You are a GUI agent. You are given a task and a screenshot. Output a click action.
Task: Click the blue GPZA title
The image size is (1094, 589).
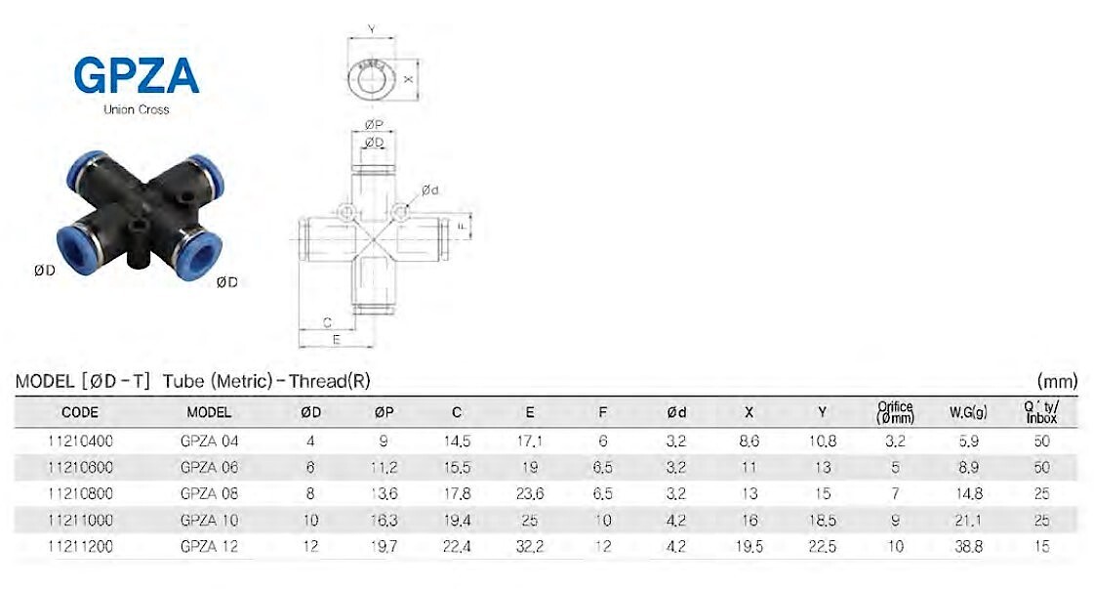pyautogui.click(x=137, y=75)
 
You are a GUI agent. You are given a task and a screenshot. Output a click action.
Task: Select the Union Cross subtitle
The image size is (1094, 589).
pyautogui.click(x=136, y=109)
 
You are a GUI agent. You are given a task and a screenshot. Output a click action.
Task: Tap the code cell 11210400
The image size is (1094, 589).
pyautogui.click(x=80, y=441)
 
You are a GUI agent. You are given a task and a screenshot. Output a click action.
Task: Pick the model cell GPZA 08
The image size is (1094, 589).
pyautogui.click(x=209, y=494)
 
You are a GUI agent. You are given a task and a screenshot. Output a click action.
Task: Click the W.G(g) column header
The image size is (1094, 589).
pyautogui.click(x=968, y=412)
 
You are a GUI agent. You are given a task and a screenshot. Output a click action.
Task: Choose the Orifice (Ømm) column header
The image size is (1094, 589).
pyautogui.click(x=895, y=412)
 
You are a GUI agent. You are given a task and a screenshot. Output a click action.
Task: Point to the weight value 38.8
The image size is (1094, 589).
pyautogui.click(x=968, y=546)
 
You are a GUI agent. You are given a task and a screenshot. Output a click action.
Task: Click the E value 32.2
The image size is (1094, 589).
pyautogui.click(x=530, y=546)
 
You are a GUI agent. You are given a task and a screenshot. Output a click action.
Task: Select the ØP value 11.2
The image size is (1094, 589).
pyautogui.click(x=384, y=468)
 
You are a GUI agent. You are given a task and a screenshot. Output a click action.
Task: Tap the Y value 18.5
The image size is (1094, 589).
pyautogui.click(x=822, y=521)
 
